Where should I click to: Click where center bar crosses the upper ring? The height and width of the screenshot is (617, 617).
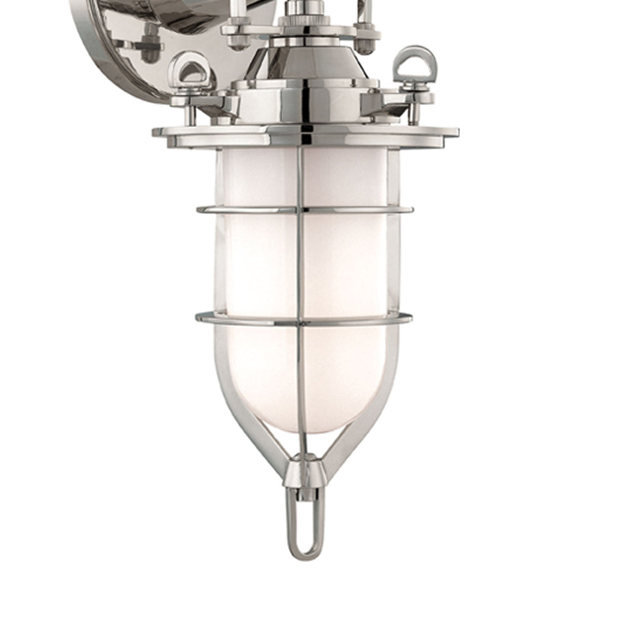pyautogui.click(x=300, y=210)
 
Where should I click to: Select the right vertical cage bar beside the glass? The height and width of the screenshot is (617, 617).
pyautogui.click(x=393, y=259)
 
